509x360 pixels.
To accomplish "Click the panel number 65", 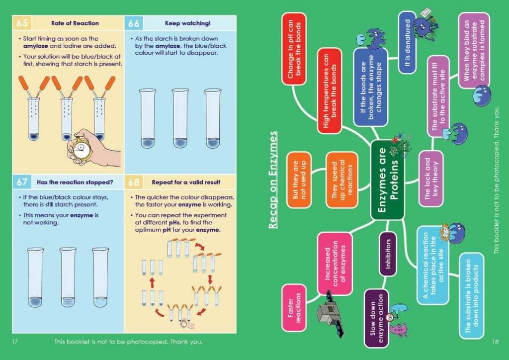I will click(x=22, y=23).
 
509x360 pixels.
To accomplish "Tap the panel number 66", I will click(x=134, y=23).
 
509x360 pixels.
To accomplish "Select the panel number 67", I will click(x=22, y=181).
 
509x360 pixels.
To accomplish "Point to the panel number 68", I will click(x=134, y=181).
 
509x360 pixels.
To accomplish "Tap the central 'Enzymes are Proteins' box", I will click(x=388, y=180).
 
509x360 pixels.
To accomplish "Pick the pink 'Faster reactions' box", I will click(x=293, y=307).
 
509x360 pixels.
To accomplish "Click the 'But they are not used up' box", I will click(x=299, y=179).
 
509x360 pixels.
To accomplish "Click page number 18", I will click(x=495, y=342).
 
